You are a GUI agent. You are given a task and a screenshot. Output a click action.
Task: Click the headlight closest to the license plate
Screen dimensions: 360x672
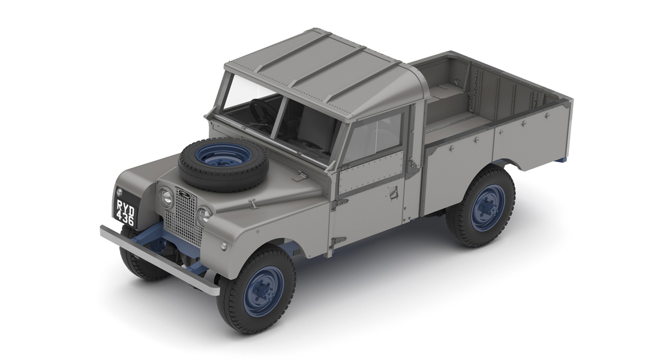tap(165, 197)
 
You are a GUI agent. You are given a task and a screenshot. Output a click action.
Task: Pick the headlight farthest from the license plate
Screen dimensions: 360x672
tap(204, 214)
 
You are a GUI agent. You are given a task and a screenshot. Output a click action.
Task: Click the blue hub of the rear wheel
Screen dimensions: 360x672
tap(487, 208)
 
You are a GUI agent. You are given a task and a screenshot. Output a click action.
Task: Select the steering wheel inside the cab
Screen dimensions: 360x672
tap(262, 112)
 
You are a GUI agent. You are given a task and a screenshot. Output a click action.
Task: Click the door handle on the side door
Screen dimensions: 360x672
tap(392, 193)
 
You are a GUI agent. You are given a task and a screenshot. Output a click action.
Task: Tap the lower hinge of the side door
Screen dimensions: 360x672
tap(338, 241)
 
